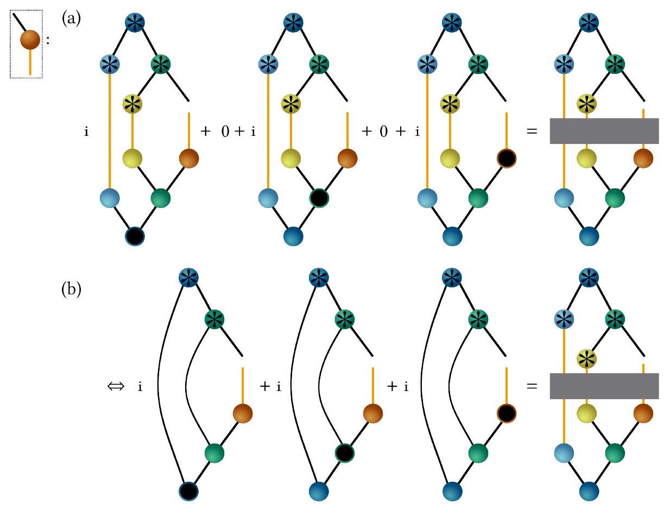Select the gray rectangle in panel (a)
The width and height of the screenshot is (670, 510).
pos(604,131)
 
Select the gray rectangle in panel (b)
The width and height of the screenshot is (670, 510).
pos(604,386)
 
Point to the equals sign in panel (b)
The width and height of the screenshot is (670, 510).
pos(532,387)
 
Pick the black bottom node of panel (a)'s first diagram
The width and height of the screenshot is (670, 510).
pos(134,236)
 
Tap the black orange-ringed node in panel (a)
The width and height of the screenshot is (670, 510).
pos(506,159)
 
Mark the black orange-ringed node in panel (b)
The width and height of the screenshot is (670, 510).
pos(506,413)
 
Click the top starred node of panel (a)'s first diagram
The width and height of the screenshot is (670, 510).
pos(134,23)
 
